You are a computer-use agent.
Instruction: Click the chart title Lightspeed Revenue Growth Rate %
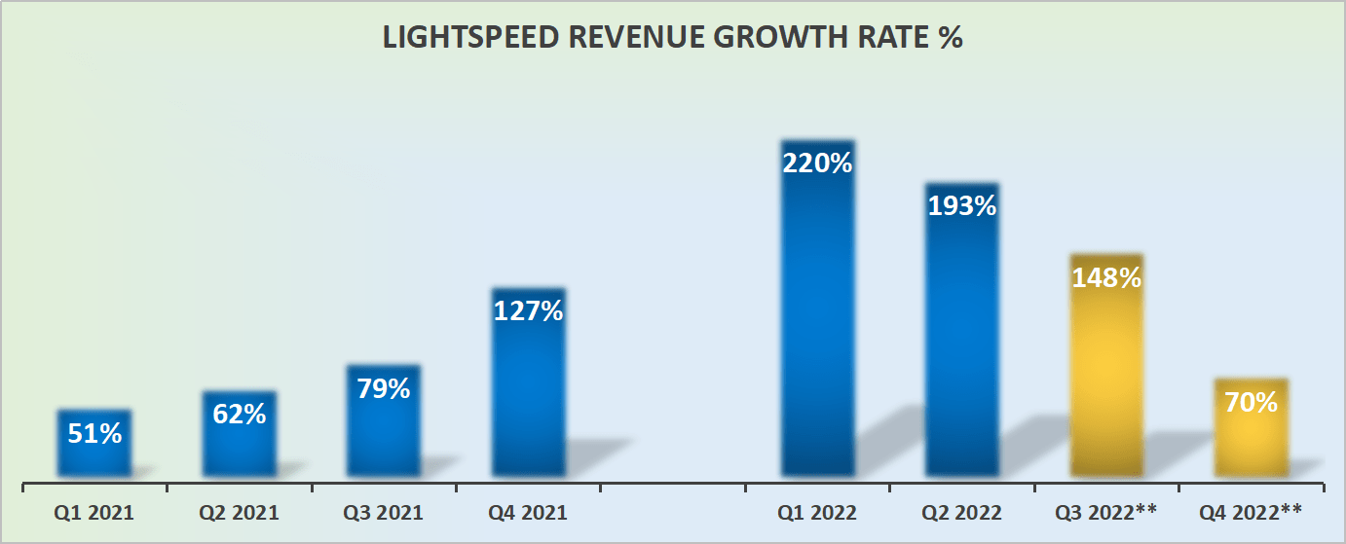672,38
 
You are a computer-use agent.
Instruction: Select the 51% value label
94,433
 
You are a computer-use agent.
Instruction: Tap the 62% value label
240,414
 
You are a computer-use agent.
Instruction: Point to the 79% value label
384,388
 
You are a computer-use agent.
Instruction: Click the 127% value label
528,311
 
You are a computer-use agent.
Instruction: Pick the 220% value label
817,163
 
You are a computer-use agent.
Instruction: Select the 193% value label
961,205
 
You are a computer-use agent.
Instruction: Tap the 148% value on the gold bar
1105,277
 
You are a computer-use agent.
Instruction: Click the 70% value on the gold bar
1251,401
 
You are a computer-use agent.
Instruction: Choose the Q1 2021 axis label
94,513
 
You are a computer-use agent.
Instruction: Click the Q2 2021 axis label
240,513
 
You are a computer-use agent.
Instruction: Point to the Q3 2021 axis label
384,513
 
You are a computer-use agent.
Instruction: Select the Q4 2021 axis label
528,513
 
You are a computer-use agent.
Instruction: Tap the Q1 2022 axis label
817,513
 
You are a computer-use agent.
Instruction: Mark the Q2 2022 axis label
961,513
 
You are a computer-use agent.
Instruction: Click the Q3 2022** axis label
1105,513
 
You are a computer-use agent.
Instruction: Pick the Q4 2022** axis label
1251,513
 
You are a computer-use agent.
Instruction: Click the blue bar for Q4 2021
528,399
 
